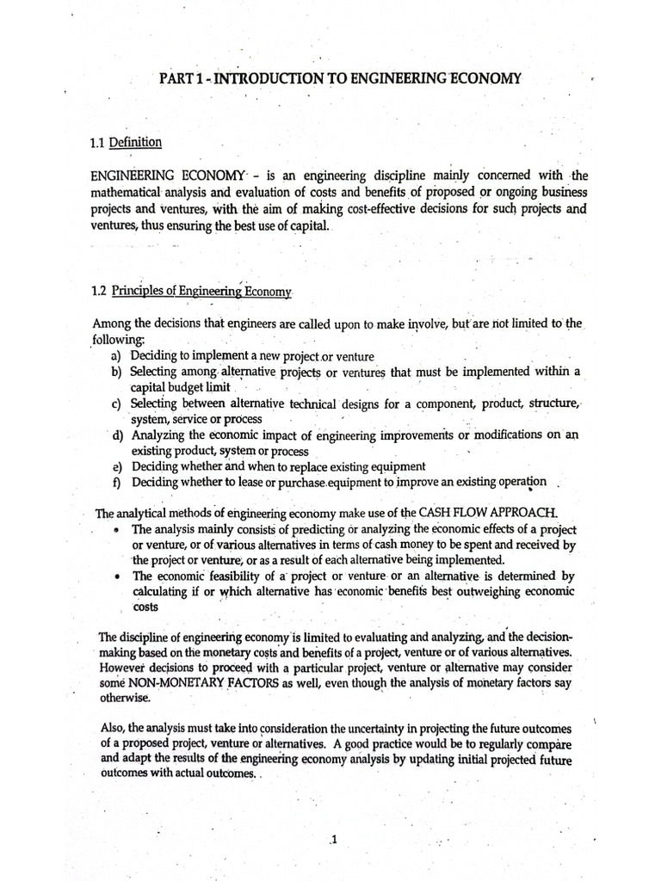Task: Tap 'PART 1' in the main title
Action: pos(182,79)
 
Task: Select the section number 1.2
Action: pos(102,292)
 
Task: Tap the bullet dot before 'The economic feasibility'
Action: pos(116,576)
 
